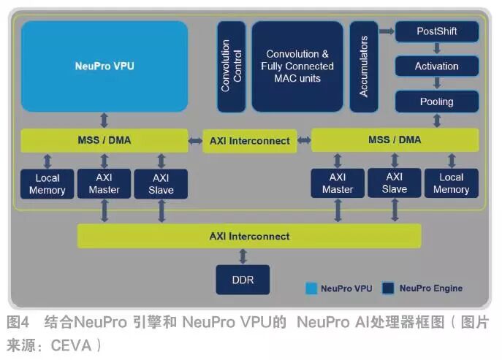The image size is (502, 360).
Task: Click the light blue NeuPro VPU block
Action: tap(104, 66)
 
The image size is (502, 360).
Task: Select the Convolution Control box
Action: tap(231, 66)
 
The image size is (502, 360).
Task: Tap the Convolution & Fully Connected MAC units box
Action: tap(297, 66)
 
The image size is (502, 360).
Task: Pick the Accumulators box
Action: tap(364, 66)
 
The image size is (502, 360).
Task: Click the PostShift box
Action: tap(437, 32)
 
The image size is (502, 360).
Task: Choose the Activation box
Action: tap(437, 66)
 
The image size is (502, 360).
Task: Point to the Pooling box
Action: tap(437, 102)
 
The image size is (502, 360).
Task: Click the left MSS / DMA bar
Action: tap(104, 140)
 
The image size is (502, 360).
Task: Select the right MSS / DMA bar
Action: tap(395, 140)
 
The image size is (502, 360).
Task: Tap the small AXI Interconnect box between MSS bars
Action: tap(250, 141)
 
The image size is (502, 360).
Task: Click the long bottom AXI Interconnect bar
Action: tap(249, 236)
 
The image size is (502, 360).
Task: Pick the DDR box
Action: tap(243, 280)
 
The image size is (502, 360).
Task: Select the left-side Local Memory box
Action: tap(47, 184)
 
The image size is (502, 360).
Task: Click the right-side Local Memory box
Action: tap(451, 183)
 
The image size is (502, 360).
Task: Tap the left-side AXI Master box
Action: tap(104, 184)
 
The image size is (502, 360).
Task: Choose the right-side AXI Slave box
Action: tap(394, 183)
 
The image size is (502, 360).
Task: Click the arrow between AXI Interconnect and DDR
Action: tap(243, 256)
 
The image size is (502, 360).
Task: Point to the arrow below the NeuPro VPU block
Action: tap(104, 119)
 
